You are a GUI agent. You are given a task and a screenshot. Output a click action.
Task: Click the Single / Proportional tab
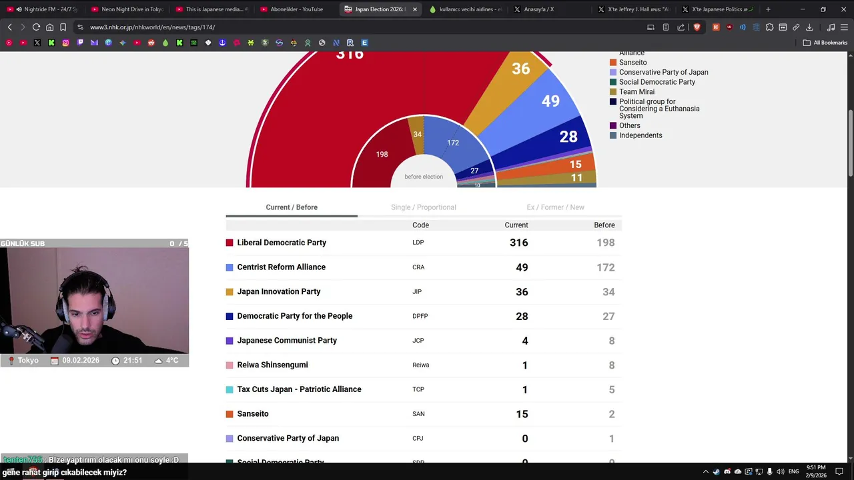click(x=423, y=207)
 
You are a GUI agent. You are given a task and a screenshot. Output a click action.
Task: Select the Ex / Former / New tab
click(x=555, y=207)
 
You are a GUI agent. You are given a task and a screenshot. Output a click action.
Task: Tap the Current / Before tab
click(x=292, y=207)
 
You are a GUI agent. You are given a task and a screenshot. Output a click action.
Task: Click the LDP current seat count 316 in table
click(x=518, y=243)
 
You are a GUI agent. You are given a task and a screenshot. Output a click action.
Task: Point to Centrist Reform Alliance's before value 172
click(x=605, y=267)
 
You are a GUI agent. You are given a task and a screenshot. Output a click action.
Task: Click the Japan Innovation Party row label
click(x=278, y=291)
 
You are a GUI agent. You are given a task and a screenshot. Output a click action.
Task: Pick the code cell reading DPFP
click(x=420, y=316)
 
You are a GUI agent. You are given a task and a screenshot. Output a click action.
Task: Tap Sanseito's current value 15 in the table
click(x=522, y=414)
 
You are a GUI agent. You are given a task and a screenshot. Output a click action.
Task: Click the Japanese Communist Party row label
click(x=287, y=341)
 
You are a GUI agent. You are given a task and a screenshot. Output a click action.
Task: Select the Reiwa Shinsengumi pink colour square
click(x=230, y=365)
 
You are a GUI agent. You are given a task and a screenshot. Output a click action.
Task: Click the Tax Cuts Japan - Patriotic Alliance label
click(x=299, y=389)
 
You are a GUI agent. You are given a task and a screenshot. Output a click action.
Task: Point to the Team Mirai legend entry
click(x=636, y=92)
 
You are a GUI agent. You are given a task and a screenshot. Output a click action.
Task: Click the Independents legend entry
click(x=640, y=135)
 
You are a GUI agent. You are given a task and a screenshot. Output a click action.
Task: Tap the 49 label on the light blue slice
click(x=550, y=101)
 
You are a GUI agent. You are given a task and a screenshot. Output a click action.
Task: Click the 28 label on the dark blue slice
click(x=568, y=137)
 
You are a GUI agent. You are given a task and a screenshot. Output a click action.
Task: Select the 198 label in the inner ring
click(x=382, y=154)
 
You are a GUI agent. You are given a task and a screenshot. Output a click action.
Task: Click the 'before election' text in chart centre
click(x=424, y=177)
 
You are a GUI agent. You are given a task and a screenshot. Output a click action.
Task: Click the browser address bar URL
click(x=152, y=27)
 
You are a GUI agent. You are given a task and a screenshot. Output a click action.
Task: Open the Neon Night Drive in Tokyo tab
click(x=131, y=9)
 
